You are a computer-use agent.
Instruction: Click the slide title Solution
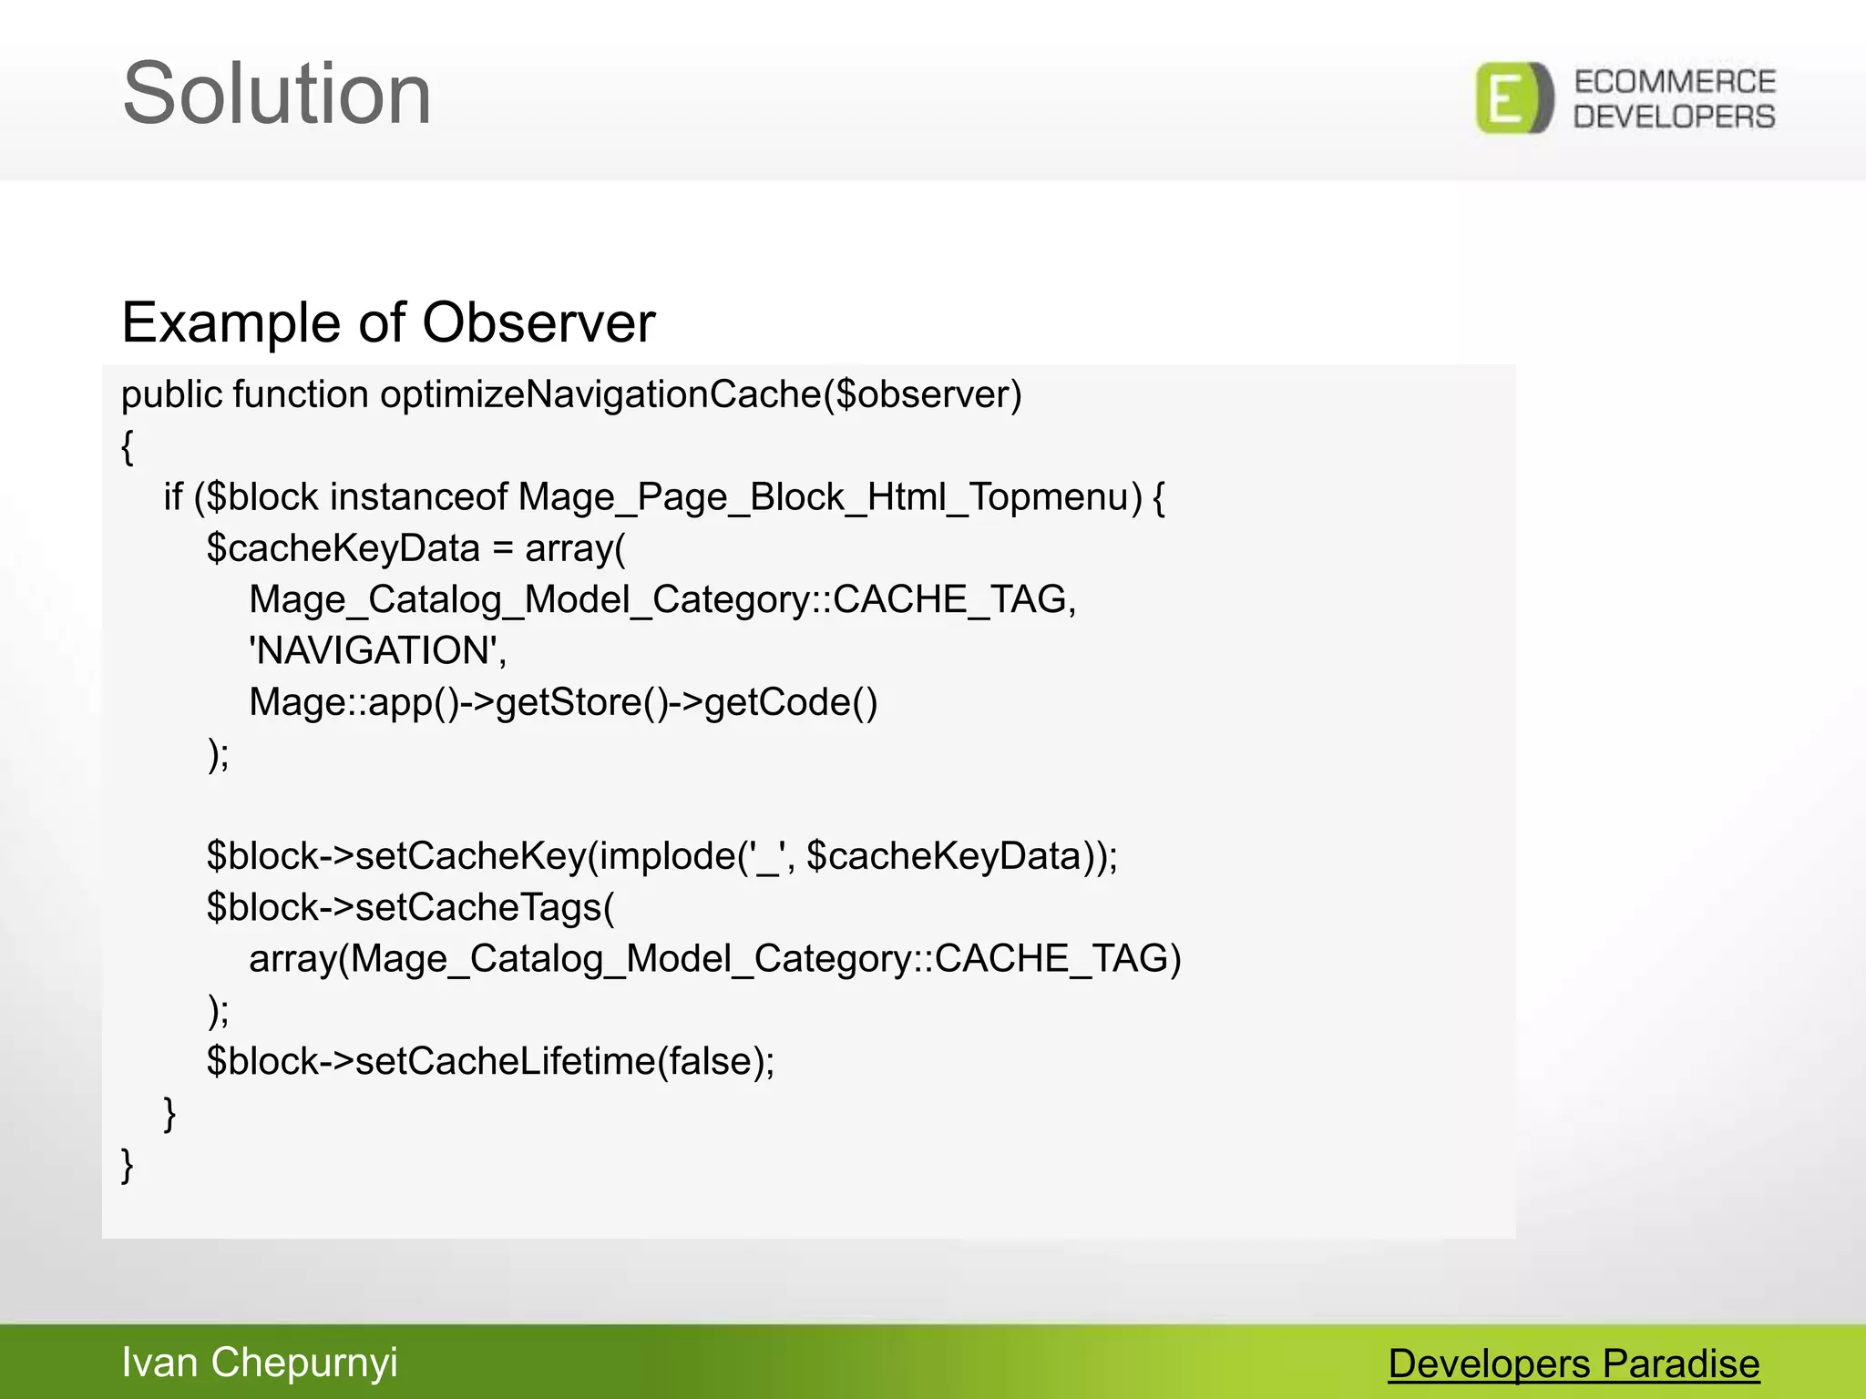point(277,94)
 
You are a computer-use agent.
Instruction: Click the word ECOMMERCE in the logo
point(1675,82)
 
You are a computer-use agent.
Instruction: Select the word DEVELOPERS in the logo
point(1675,117)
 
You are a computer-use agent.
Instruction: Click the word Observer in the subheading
point(538,322)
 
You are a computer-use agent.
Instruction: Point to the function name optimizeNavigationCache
point(600,395)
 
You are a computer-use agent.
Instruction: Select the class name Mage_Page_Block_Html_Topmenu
point(829,497)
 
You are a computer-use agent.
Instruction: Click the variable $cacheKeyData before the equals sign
point(343,548)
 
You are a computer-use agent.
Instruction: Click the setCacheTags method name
point(478,907)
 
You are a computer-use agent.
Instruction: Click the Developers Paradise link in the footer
point(1574,1363)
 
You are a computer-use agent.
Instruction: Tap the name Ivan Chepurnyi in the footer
point(260,1363)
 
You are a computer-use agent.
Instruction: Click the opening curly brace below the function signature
point(128,447)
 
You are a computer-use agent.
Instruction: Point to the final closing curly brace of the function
point(128,1165)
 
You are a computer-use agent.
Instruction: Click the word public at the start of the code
point(171,395)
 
